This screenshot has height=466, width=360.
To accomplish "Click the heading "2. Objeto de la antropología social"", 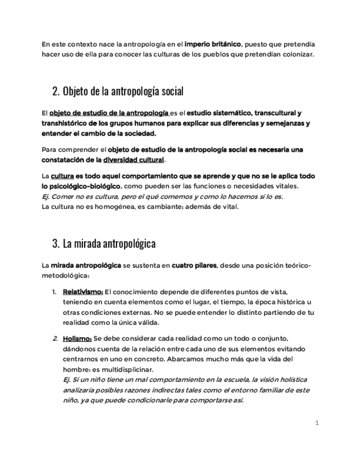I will click(x=118, y=91).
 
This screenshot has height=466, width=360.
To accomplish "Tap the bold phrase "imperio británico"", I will click(x=213, y=44).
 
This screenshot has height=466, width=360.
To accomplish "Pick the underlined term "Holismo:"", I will click(x=77, y=338).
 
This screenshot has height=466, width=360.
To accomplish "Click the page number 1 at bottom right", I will click(x=317, y=423).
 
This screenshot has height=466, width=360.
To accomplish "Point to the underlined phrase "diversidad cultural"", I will click(x=134, y=160).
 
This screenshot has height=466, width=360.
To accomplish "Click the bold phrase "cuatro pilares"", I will click(x=194, y=265).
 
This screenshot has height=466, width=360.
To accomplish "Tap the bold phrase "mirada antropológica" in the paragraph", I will click(x=86, y=265).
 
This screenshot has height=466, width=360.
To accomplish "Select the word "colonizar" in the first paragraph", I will click(x=296, y=54).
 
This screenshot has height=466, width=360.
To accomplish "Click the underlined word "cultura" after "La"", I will click(x=62, y=176).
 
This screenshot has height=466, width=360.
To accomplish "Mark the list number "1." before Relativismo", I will click(x=55, y=291).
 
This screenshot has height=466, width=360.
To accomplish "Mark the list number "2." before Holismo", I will click(x=55, y=338).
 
